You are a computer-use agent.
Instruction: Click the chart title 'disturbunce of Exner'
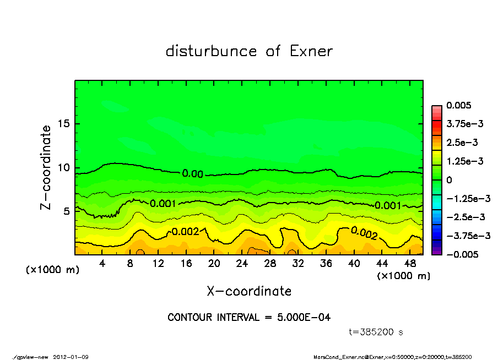[249, 51]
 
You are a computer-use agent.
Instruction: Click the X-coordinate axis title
[249, 291]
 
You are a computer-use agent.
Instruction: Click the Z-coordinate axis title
[46, 167]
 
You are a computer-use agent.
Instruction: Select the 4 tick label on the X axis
[102, 264]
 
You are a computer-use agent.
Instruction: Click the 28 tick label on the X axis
[270, 264]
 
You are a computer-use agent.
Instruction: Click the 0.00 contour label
[193, 174]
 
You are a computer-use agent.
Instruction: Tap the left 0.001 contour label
[163, 204]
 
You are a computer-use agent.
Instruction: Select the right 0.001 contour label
[387, 205]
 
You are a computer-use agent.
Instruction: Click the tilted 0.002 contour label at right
[364, 233]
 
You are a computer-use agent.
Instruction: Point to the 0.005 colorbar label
[458, 105]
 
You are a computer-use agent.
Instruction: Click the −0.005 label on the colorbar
[461, 254]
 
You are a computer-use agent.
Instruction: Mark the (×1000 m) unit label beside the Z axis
[50, 270]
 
